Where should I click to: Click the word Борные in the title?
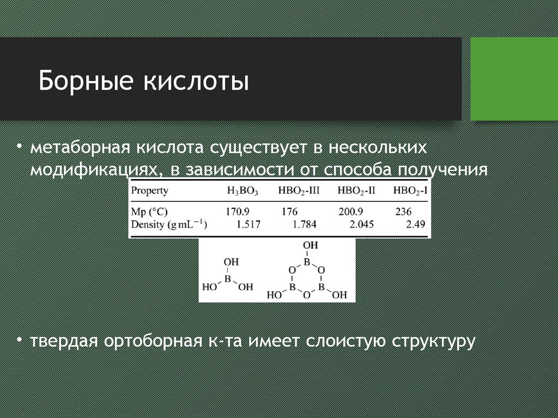86,81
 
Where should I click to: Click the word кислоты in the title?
196,81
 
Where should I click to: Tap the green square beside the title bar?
514,79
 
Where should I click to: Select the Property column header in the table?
149,191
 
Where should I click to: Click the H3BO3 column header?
242,191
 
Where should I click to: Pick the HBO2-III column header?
299,191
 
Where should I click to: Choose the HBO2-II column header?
356,191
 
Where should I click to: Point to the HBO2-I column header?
410,191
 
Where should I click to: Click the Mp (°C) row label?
149,212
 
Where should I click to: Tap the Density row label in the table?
169,224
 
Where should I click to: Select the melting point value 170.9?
238,212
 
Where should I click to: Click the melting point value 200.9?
350,212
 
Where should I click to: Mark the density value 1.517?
248,224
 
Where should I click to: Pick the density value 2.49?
416,224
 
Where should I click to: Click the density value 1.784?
304,224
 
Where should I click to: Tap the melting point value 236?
403,212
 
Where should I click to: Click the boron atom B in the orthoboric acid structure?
227,279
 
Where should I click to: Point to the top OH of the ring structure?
310,245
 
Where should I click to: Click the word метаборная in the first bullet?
80,147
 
